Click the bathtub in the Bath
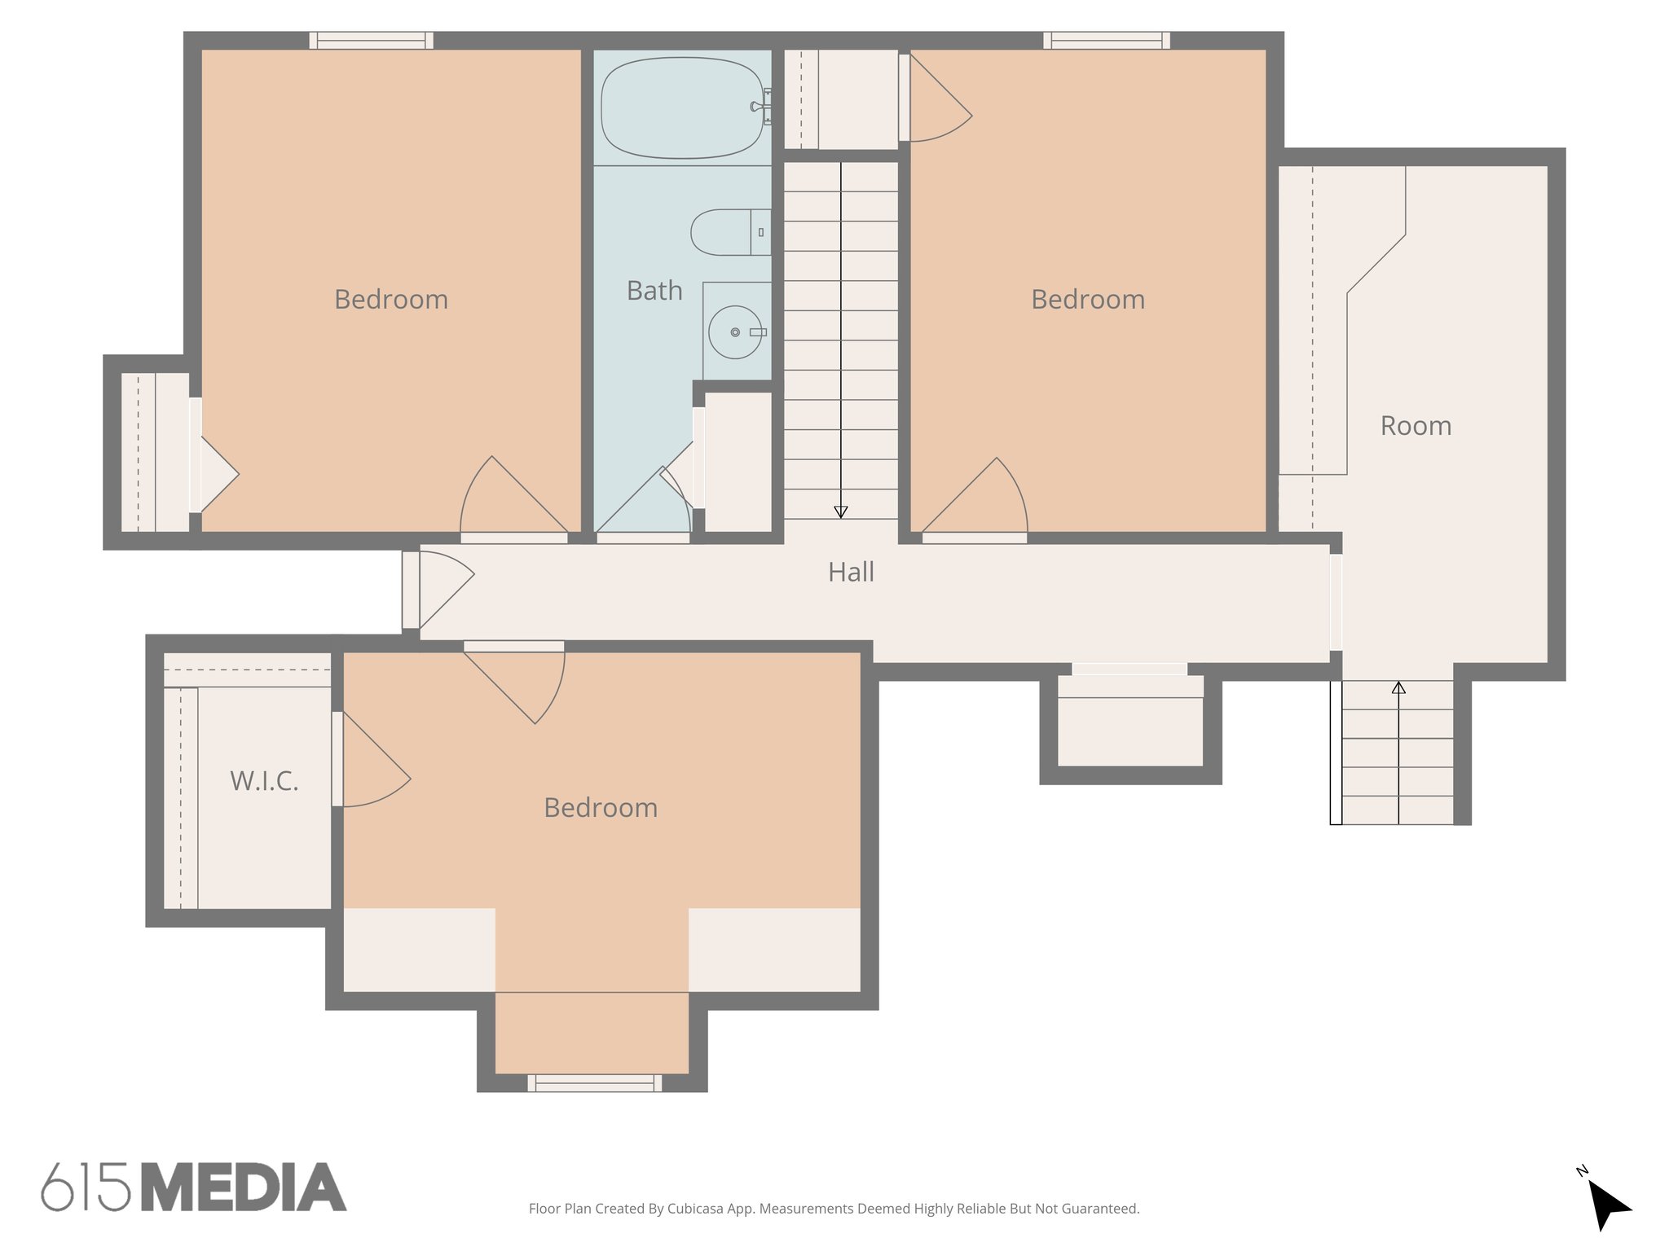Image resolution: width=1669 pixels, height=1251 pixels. [681, 108]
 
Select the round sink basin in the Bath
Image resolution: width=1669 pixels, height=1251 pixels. [734, 332]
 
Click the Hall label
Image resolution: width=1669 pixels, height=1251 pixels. [851, 573]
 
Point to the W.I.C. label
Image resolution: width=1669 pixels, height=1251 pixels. [264, 781]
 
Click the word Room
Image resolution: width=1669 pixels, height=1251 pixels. [1416, 426]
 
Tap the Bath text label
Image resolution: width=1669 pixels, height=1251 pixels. [654, 291]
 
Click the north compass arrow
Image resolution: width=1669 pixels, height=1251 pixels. [1607, 1205]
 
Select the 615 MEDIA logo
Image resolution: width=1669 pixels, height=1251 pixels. [194, 1187]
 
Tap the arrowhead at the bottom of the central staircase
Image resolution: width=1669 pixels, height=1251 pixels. [841, 511]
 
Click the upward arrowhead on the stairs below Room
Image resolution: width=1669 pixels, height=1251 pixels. [1398, 688]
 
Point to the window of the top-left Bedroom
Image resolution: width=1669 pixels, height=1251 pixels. [371, 41]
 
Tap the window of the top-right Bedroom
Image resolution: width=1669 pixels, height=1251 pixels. [1106, 41]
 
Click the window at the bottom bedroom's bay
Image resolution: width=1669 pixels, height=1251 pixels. [594, 1082]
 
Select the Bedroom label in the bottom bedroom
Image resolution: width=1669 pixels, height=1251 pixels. [601, 808]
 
